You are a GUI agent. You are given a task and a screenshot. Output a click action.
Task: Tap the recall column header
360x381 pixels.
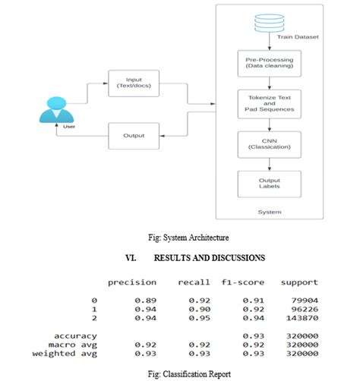(x=194, y=282)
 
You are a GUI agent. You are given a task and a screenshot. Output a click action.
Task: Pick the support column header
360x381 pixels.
(x=298, y=282)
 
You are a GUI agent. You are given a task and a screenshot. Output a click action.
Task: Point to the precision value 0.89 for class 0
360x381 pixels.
(x=146, y=300)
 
